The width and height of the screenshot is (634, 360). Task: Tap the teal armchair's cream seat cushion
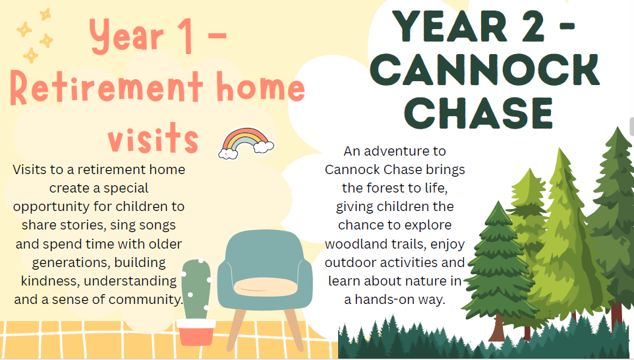click(x=265, y=287)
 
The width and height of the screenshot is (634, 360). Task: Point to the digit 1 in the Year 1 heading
click(x=187, y=37)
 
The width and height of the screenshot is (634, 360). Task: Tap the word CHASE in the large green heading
click(x=478, y=113)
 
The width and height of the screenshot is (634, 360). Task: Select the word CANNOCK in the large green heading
click(x=484, y=70)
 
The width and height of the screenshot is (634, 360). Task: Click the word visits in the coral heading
click(x=153, y=138)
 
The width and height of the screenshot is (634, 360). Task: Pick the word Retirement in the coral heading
click(x=106, y=88)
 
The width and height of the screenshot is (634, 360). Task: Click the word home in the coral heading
click(x=260, y=87)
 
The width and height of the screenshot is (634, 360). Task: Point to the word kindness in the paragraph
click(x=49, y=281)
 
